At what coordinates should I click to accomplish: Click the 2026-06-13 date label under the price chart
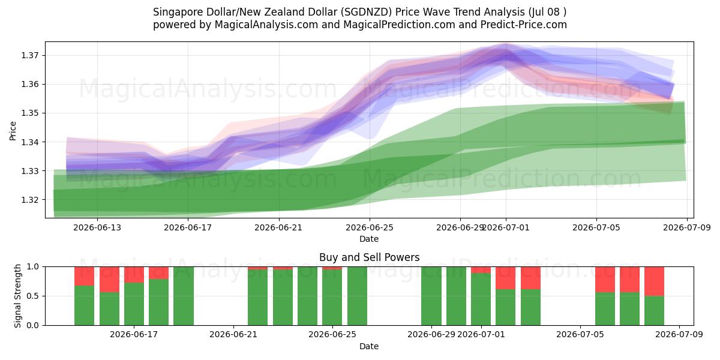(97, 227)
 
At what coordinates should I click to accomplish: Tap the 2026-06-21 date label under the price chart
(278, 227)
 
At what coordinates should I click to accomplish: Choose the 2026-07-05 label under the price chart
(596, 227)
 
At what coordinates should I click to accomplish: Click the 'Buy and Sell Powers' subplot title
(370, 257)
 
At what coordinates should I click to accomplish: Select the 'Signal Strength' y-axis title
(17, 296)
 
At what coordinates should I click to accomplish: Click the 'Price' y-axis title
(13, 131)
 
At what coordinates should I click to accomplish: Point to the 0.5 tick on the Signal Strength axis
(32, 296)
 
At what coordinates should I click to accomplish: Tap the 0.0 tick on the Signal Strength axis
(32, 326)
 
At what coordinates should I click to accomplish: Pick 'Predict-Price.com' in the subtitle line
(524, 25)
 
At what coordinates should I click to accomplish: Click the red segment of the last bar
(654, 281)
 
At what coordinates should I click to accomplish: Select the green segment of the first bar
(84, 305)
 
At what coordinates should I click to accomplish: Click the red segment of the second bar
(109, 280)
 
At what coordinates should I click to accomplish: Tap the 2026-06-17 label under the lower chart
(134, 335)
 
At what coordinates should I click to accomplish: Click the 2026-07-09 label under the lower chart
(679, 335)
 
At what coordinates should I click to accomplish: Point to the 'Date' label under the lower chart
(369, 346)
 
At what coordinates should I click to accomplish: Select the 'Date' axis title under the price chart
(369, 239)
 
